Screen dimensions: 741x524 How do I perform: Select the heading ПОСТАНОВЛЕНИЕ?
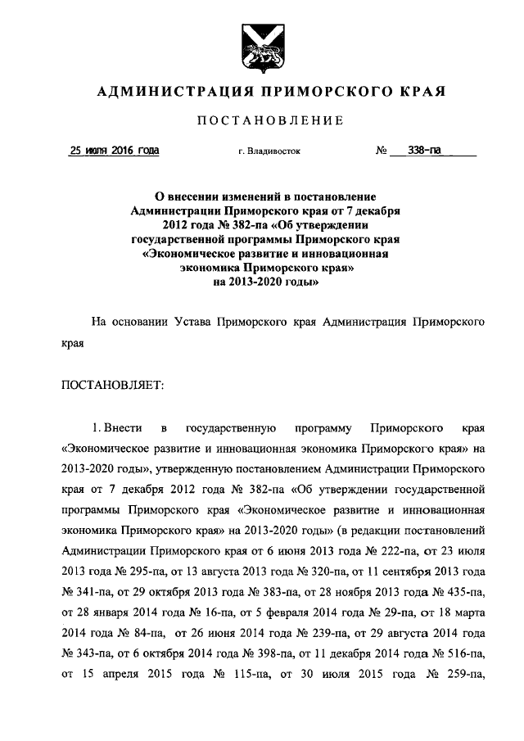point(265,122)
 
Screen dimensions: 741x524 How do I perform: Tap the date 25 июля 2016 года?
point(115,151)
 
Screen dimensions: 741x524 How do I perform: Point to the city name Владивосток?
point(278,151)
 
